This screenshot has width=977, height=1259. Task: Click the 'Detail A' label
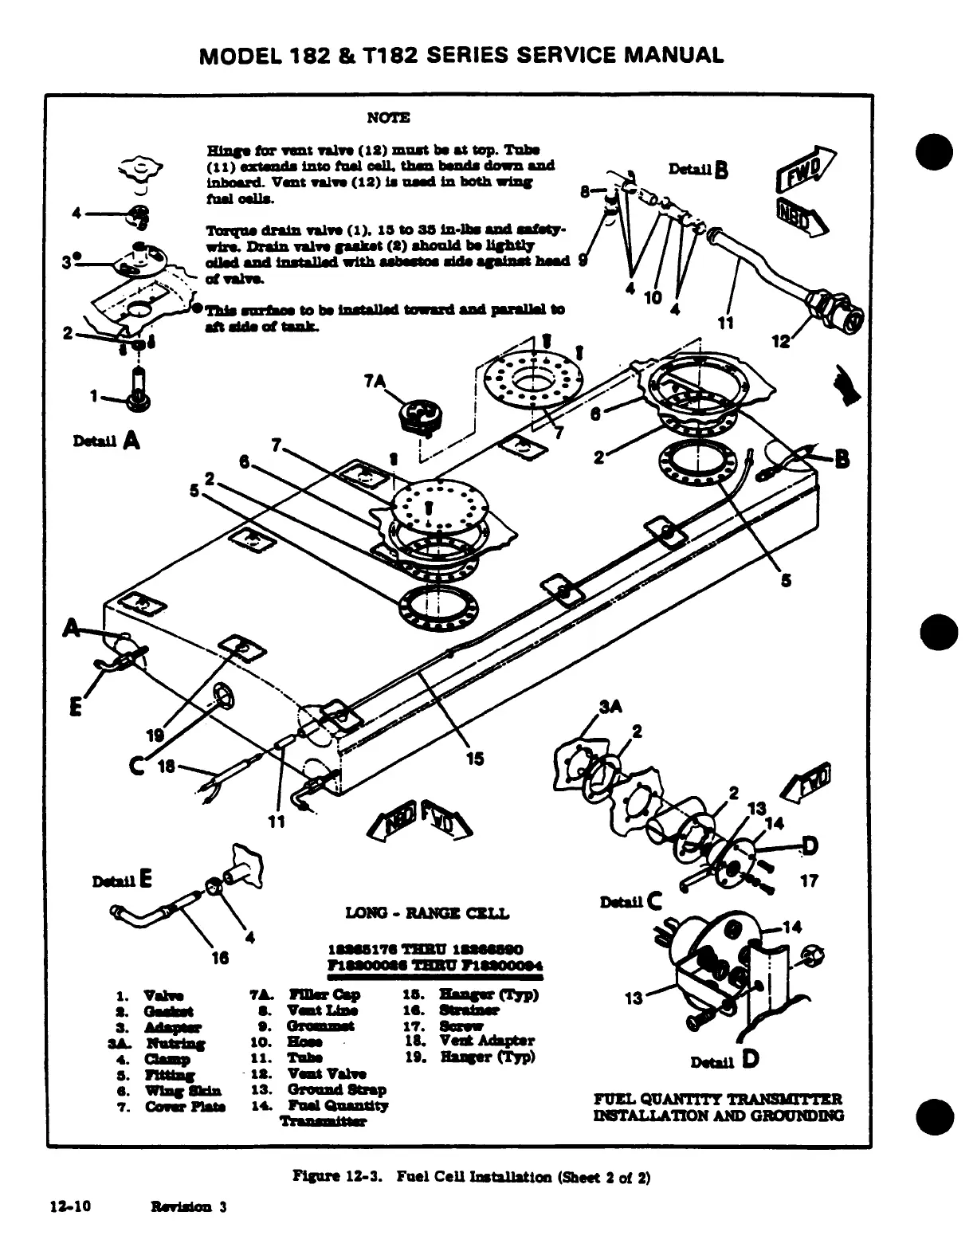(106, 440)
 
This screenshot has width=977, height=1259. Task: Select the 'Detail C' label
(631, 902)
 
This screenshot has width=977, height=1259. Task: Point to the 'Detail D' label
(724, 1061)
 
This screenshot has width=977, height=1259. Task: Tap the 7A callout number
(375, 382)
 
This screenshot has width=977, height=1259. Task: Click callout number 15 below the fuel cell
(474, 759)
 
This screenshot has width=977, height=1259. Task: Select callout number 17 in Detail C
(809, 881)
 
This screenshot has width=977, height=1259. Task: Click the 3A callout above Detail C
(610, 707)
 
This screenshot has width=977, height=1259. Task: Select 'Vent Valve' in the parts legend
(325, 1073)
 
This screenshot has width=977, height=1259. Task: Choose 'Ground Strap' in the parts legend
(336, 1089)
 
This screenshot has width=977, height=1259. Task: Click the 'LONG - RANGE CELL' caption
(426, 913)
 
